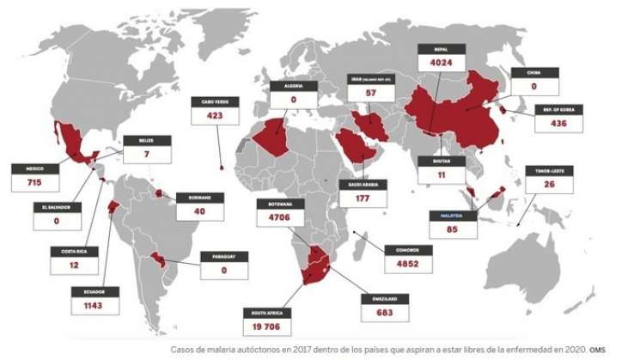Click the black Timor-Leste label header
pos(547,171)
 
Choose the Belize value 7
pos(147,153)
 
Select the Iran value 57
pos(371,92)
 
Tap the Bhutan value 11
pos(440,174)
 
